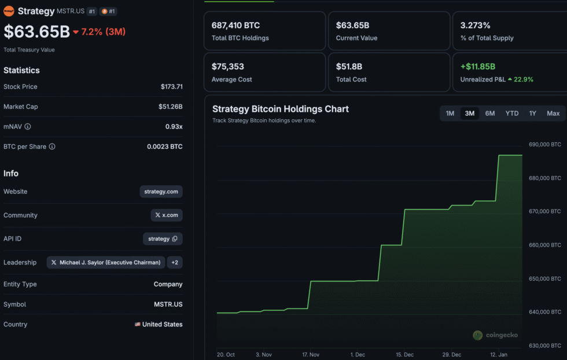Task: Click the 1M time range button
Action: tap(450, 113)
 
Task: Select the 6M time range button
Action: tap(490, 113)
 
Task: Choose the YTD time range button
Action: tap(512, 113)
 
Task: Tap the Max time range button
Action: tap(553, 113)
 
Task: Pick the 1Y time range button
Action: tap(532, 113)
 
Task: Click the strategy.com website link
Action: tap(161, 192)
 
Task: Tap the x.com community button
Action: tap(167, 215)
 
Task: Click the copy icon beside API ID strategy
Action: tap(175, 238)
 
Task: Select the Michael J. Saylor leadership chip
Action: tap(106, 262)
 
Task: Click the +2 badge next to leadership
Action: tap(175, 262)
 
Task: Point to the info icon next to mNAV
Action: tap(28, 127)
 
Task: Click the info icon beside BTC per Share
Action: tap(52, 147)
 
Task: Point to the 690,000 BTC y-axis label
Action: tap(544, 145)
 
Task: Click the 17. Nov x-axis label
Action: tap(311, 354)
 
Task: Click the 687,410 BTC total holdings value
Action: tap(235, 25)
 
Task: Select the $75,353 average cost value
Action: tap(227, 67)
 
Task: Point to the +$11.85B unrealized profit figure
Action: tap(477, 67)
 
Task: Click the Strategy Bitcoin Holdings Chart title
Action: tap(281, 109)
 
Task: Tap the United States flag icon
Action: tap(138, 325)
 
